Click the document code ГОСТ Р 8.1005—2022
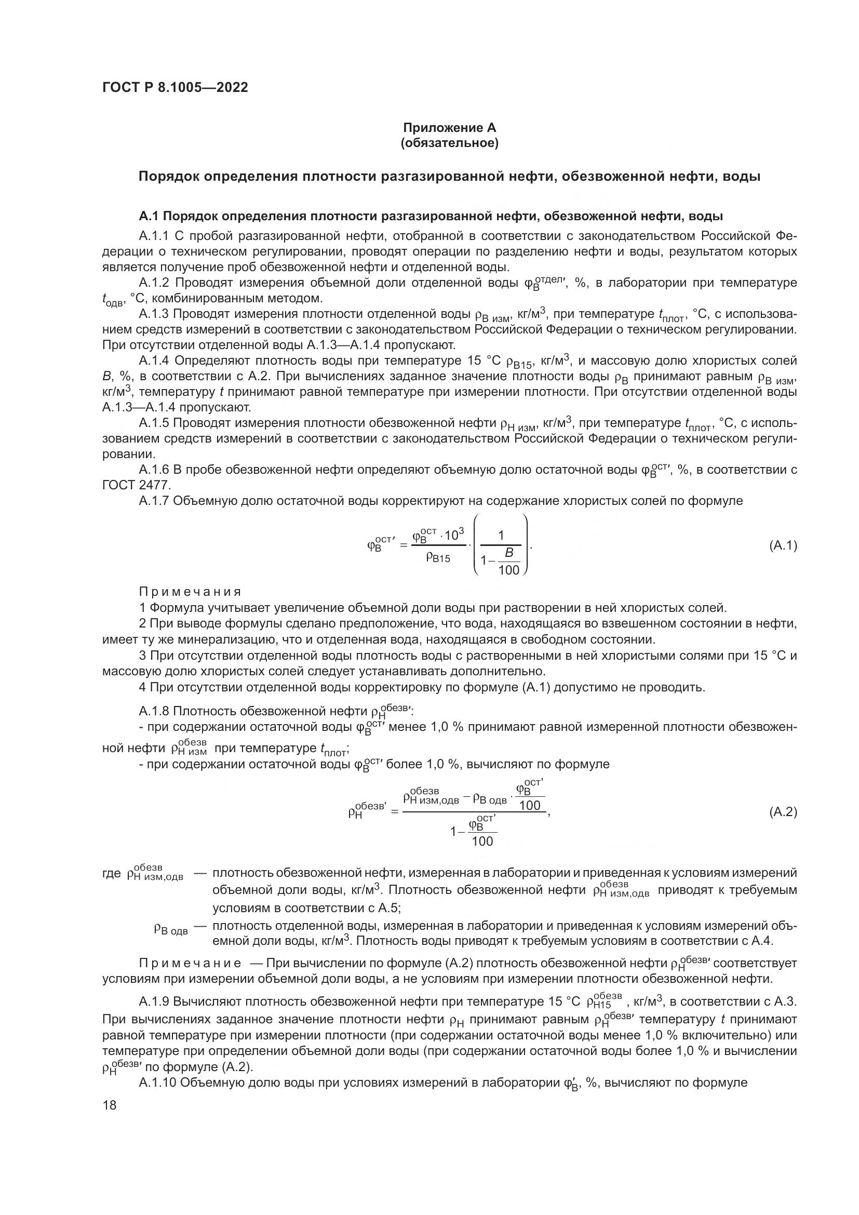tap(175, 88)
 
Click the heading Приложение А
tap(450, 128)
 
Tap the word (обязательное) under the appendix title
tap(450, 143)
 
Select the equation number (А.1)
tap(783, 545)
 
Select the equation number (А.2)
tap(783, 812)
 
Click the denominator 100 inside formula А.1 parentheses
tap(509, 570)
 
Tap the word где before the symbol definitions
tap(112, 873)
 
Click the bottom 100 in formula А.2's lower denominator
tap(482, 841)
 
